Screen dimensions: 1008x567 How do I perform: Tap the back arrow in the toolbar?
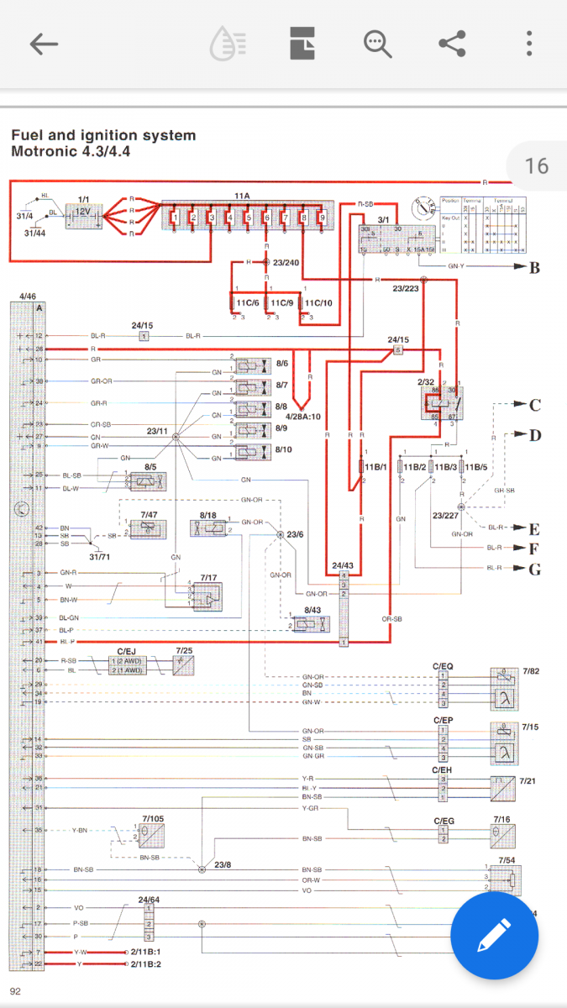click(x=44, y=44)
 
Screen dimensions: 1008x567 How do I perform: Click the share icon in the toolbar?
click(x=453, y=44)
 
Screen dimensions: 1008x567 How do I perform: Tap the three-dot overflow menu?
click(x=529, y=44)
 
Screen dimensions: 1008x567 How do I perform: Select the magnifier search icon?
click(x=378, y=44)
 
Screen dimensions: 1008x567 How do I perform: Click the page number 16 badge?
click(x=537, y=165)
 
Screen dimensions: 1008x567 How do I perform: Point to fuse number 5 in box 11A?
click(x=249, y=219)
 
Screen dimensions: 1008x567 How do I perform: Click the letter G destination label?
click(x=534, y=569)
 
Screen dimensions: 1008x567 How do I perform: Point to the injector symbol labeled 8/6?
click(x=251, y=365)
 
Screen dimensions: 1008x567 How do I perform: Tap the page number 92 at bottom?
click(x=15, y=991)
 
